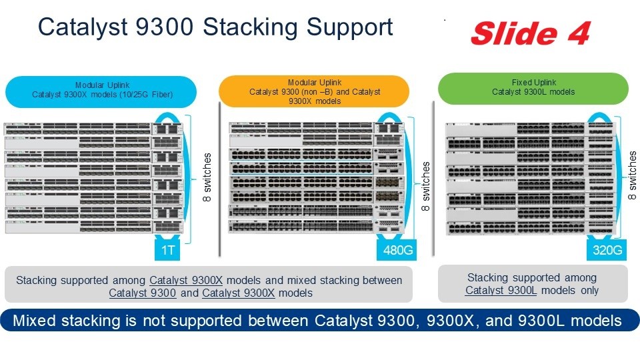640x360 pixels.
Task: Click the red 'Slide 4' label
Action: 530,32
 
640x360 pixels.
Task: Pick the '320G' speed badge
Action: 607,251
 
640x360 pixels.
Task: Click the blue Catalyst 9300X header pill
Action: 101,91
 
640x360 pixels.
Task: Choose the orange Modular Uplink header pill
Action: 314,91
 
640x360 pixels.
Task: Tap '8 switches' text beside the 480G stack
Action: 425,186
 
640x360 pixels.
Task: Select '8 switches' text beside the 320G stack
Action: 633,176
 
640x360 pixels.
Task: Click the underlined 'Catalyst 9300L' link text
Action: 501,290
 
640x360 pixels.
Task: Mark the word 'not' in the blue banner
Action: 183,321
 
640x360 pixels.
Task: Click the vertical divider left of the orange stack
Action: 219,179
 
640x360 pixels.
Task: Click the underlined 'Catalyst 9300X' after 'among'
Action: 186,280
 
